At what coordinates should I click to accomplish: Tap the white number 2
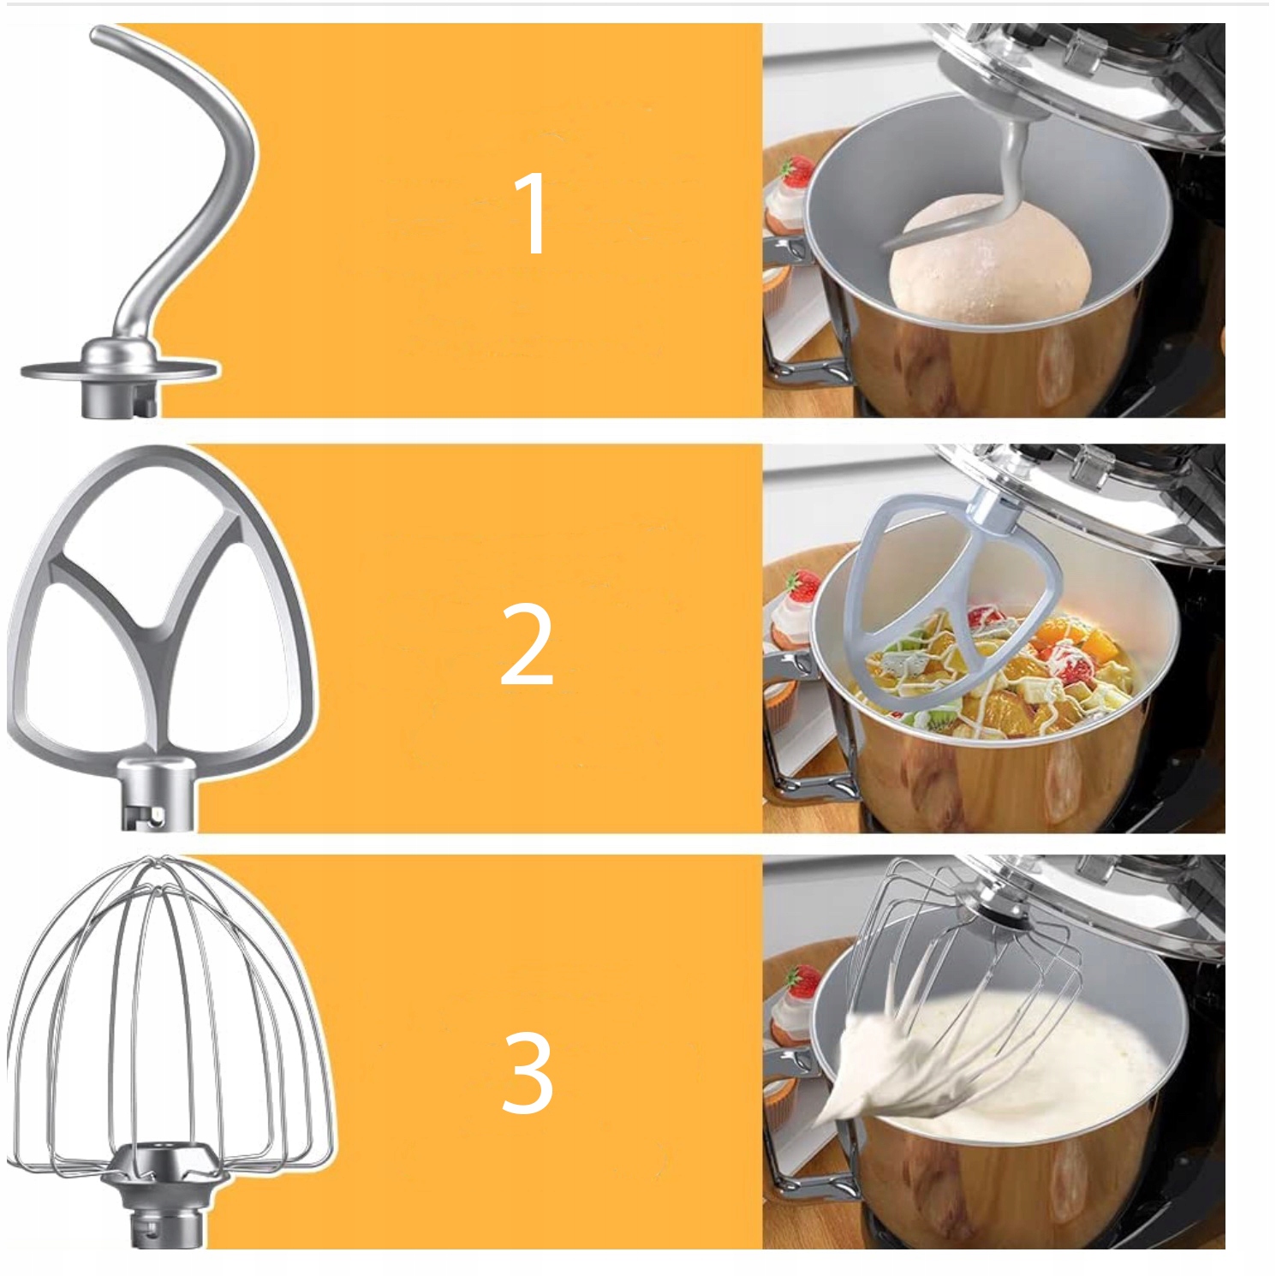tap(527, 644)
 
